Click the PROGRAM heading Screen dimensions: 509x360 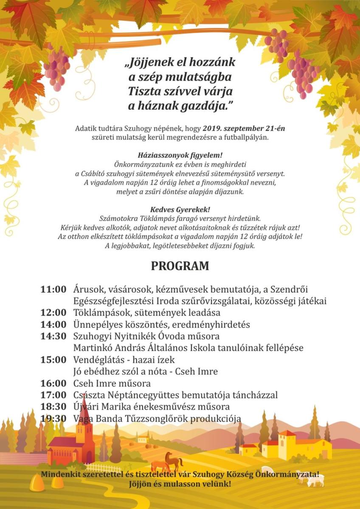[x=180, y=266]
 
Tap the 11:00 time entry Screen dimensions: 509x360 [x=53, y=289]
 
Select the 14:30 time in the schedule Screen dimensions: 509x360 [x=53, y=336]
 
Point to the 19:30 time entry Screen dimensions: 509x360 [x=53, y=419]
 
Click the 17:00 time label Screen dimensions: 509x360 [x=53, y=395]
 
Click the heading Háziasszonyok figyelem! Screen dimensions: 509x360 [x=180, y=155]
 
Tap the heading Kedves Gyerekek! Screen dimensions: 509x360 [x=180, y=210]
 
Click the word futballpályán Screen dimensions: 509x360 [x=245, y=137]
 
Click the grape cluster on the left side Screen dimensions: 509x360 [x=56, y=68]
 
